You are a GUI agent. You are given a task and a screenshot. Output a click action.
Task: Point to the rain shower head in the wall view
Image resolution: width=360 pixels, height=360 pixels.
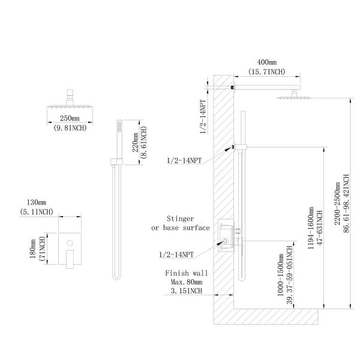[x=292, y=96]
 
